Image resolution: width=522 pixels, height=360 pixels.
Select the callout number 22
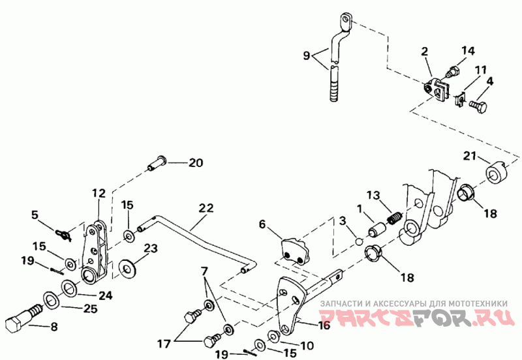coord(206,209)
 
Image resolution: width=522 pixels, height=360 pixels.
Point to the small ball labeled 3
coord(358,241)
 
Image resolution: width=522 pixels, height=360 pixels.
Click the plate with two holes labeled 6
coord(295,251)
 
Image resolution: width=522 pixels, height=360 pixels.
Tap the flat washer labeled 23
coord(127,269)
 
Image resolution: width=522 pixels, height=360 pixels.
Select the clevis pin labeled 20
coord(156,164)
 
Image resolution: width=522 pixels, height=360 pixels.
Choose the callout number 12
coord(99,193)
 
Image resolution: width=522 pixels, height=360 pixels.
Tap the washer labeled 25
coord(52,301)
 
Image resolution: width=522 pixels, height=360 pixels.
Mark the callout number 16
coord(324,325)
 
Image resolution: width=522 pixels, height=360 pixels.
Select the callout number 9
coord(307,55)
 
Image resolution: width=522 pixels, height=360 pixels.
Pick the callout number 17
coord(164,344)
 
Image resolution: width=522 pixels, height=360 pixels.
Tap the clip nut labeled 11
coord(459,99)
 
